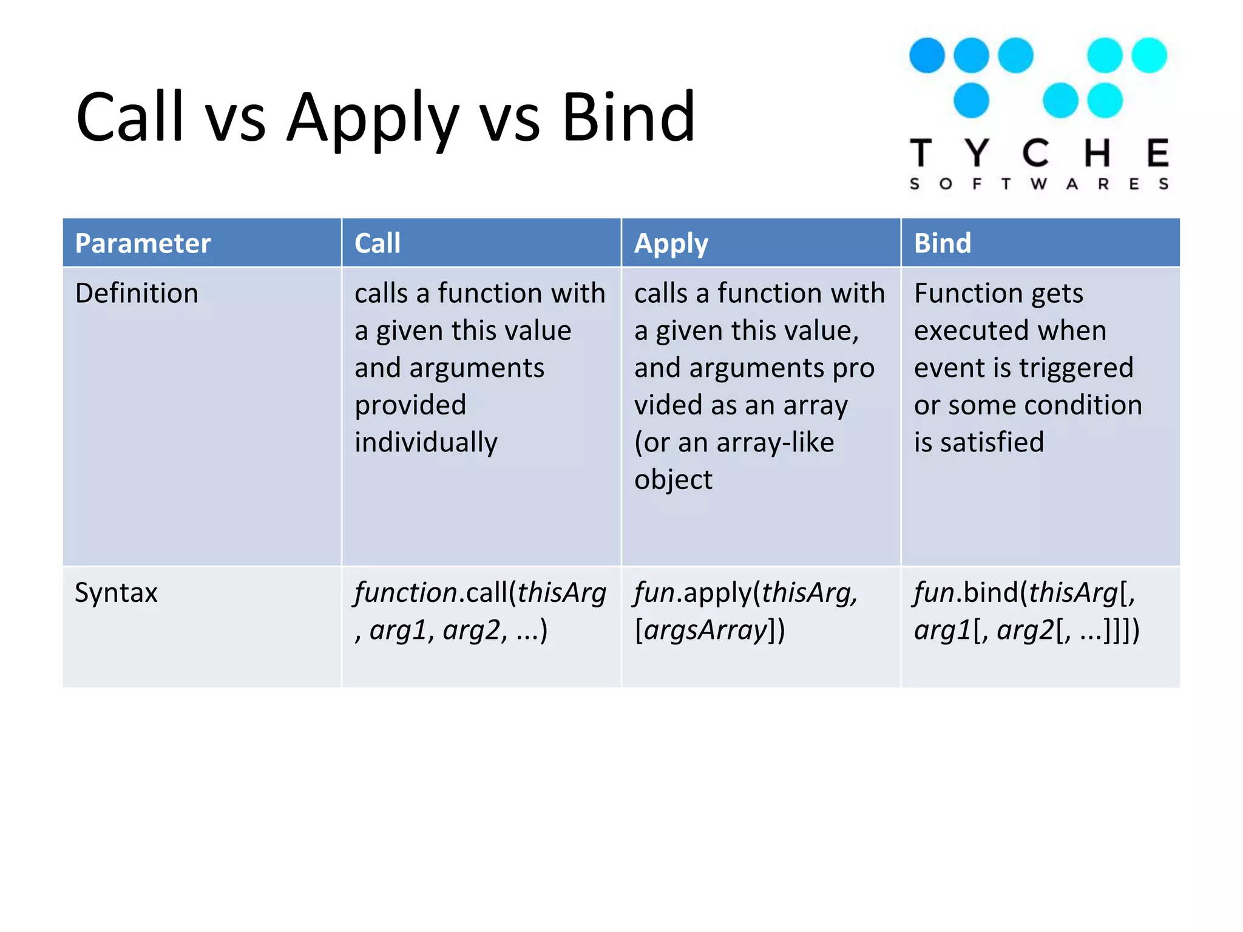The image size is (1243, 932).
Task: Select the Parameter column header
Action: pyautogui.click(x=143, y=243)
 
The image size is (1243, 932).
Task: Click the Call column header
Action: pyautogui.click(x=377, y=243)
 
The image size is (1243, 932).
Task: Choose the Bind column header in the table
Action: pyautogui.click(x=942, y=243)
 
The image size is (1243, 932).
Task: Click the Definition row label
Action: pyautogui.click(x=137, y=293)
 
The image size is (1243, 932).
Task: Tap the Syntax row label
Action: pyautogui.click(x=116, y=593)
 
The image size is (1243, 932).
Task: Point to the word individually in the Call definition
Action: pyautogui.click(x=426, y=443)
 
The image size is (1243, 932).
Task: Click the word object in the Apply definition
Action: pyautogui.click(x=673, y=480)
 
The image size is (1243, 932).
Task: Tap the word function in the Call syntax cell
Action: pyautogui.click(x=406, y=593)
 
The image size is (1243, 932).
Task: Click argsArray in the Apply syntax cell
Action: pyautogui.click(x=706, y=630)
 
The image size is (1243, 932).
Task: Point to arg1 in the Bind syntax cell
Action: pyautogui.click(x=943, y=630)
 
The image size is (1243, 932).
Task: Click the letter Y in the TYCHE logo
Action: pyautogui.click(x=977, y=153)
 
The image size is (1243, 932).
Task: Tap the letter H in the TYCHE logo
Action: pyautogui.click(x=1097, y=153)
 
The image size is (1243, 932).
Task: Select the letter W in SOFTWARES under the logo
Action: pyautogui.click(x=1038, y=184)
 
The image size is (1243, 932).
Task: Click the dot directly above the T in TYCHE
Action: pyautogui.click(x=927, y=55)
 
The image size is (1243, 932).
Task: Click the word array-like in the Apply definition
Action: pyautogui.click(x=775, y=443)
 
